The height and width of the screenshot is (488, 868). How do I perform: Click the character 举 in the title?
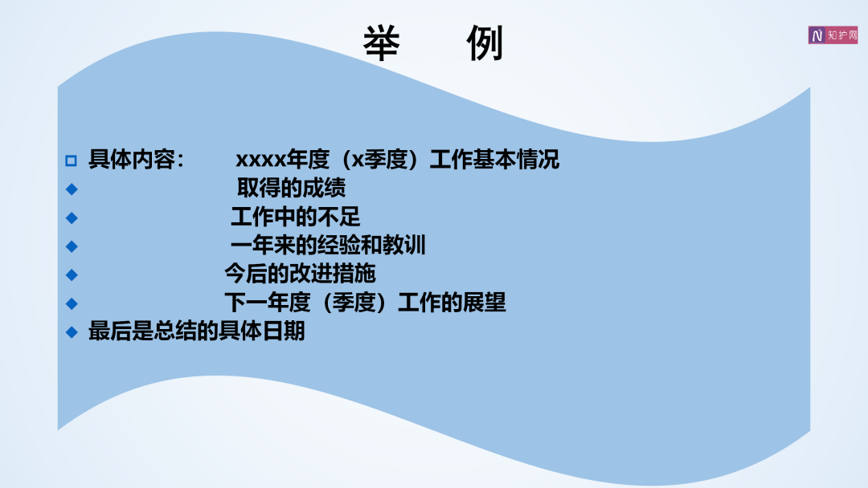pyautogui.click(x=382, y=43)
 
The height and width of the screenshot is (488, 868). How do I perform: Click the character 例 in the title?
pyautogui.click(x=485, y=43)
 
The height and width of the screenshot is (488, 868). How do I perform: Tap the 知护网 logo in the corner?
pyautogui.click(x=833, y=35)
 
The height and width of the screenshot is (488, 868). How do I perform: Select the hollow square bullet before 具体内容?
pyautogui.click(x=71, y=161)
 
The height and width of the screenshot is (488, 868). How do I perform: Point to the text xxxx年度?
pyautogui.click(x=283, y=160)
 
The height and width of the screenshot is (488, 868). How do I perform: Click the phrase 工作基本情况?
pyautogui.click(x=494, y=160)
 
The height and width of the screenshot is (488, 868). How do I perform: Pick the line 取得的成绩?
pyautogui.click(x=291, y=188)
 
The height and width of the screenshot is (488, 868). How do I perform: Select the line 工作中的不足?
pyautogui.click(x=296, y=217)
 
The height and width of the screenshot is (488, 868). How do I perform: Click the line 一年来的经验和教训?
pyautogui.click(x=328, y=246)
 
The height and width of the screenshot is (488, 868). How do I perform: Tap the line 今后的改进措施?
pyautogui.click(x=300, y=274)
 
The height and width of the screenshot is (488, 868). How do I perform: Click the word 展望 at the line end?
pyautogui.click(x=485, y=303)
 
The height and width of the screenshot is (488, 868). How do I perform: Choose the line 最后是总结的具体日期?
pyautogui.click(x=197, y=331)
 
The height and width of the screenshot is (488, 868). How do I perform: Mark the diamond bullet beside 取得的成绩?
pyautogui.click(x=72, y=189)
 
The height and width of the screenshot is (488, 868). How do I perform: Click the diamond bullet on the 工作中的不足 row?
pyautogui.click(x=72, y=218)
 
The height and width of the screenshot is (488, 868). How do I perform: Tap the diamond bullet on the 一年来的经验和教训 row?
pyautogui.click(x=72, y=246)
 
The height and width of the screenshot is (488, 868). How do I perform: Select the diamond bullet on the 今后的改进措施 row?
pyautogui.click(x=72, y=275)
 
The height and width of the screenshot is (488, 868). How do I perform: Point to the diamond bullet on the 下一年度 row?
pyautogui.click(x=72, y=304)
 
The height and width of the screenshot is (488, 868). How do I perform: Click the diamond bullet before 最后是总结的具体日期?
pyautogui.click(x=72, y=332)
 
